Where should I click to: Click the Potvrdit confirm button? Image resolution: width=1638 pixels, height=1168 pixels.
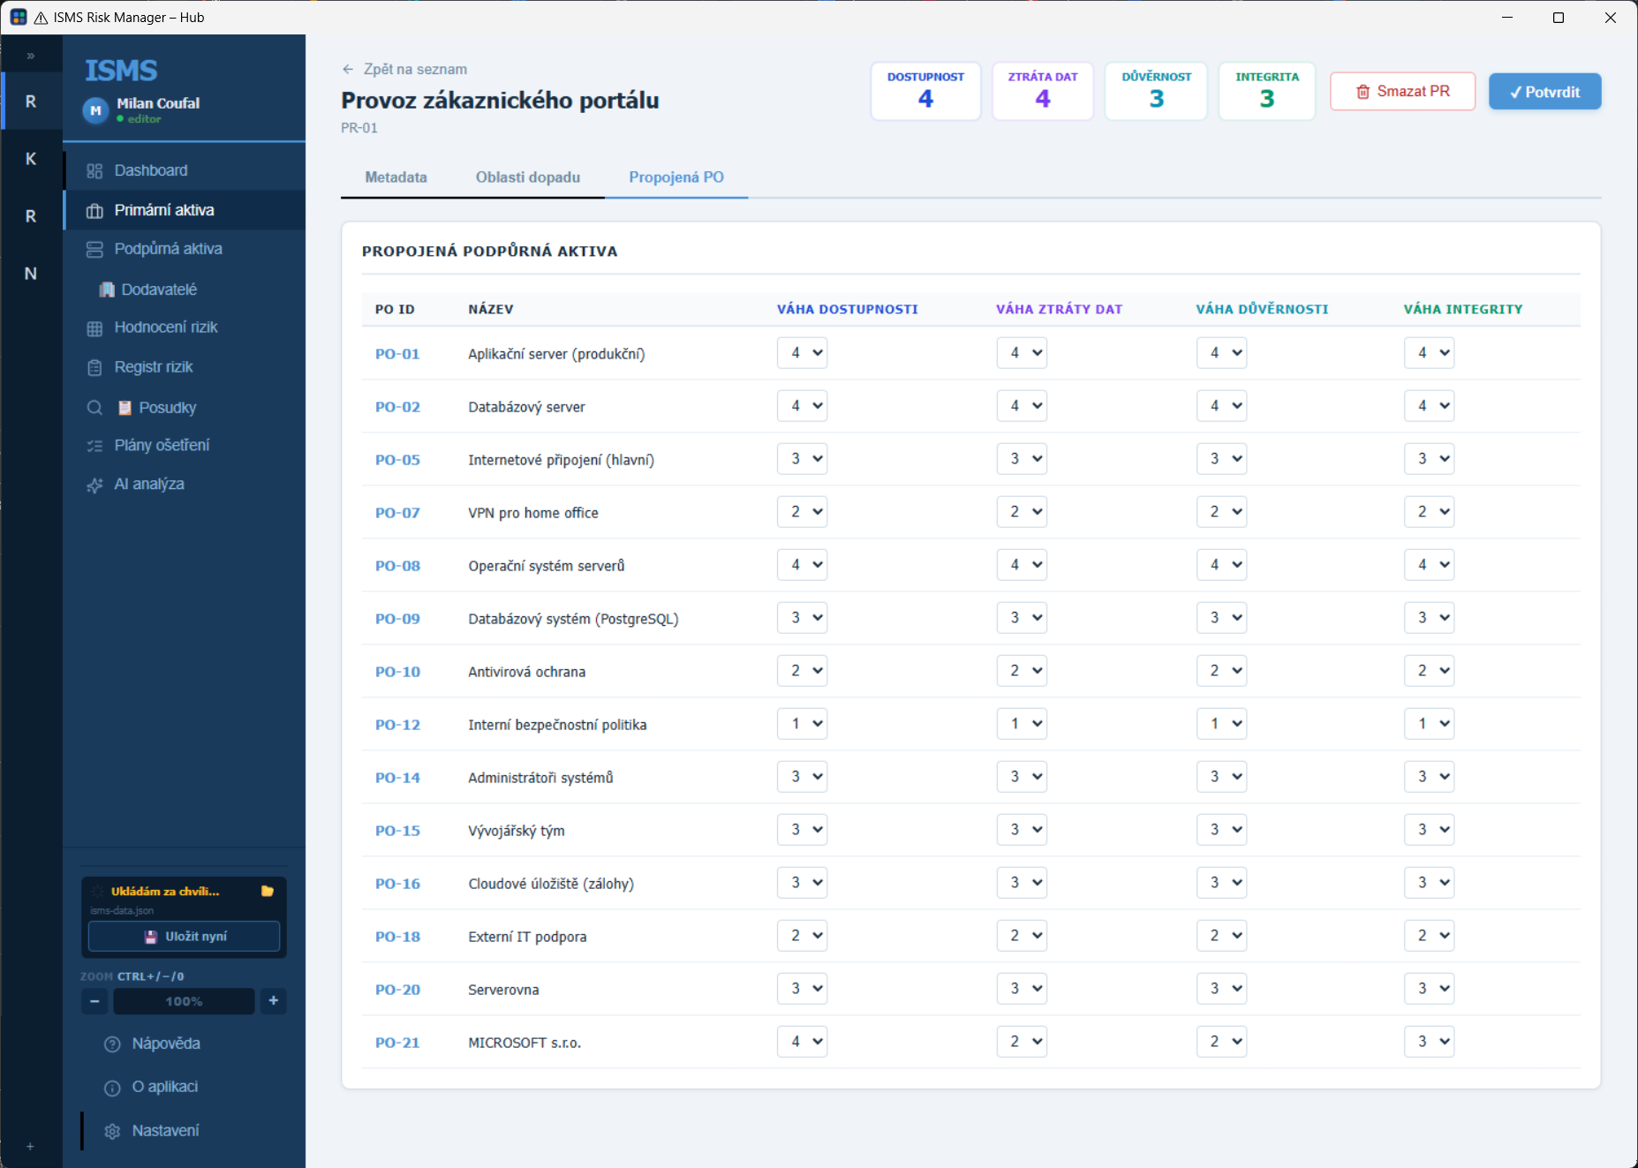pos(1544,92)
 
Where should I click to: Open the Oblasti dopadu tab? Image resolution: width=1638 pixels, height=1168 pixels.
pos(528,177)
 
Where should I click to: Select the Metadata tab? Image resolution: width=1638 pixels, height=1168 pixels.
pos(396,177)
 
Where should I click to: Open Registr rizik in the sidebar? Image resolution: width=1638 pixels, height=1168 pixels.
pos(154,367)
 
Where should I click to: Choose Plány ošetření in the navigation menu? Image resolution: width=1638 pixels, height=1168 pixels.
pos(162,445)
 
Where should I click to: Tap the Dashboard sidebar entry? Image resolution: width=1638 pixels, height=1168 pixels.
pos(151,170)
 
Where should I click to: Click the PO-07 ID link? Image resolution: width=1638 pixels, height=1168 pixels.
pos(397,513)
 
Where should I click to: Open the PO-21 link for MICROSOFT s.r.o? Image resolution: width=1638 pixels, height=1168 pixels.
pos(397,1043)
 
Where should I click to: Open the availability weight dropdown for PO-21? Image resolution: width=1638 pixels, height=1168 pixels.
pos(802,1042)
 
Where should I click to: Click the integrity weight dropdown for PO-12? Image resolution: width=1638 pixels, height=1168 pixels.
pos(1429,724)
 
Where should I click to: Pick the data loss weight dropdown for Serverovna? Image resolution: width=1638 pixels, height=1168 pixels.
pos(1022,989)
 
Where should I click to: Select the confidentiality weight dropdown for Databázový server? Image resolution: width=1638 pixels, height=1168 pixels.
pos(1221,406)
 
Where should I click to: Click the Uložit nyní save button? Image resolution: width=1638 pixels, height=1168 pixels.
pos(185,937)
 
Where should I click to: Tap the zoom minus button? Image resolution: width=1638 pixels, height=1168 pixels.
pos(94,1001)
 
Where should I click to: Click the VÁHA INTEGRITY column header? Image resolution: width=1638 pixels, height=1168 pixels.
pos(1463,309)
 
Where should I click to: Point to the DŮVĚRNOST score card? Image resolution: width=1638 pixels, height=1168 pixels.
pos(1157,91)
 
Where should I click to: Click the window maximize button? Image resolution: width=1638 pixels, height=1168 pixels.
pos(1559,18)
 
